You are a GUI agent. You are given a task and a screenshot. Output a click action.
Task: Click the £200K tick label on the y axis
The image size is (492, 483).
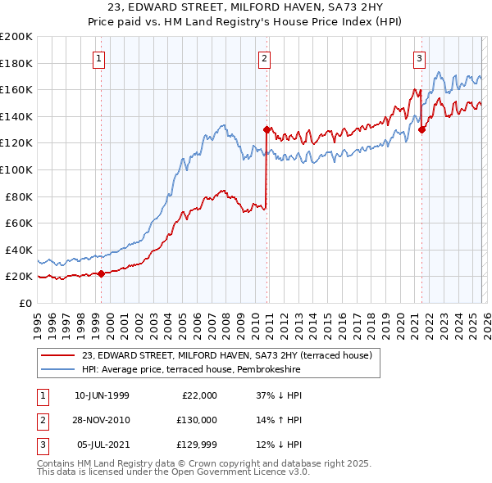point(16,37)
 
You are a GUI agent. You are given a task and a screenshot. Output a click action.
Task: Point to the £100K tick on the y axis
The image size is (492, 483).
point(16,169)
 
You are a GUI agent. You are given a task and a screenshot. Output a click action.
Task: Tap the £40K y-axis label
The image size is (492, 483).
point(19,250)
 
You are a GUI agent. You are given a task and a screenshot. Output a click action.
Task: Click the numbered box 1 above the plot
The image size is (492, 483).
point(99,58)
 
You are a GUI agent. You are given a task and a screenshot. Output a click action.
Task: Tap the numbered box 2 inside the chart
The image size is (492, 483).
point(265,58)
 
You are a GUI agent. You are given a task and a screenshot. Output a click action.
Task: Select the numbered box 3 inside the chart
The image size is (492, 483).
point(419,58)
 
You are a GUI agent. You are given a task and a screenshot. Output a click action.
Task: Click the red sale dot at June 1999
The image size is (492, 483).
point(101,273)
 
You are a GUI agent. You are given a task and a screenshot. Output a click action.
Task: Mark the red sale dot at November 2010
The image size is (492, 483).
point(266,129)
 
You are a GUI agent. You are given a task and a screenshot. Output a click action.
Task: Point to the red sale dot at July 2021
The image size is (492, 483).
point(421,129)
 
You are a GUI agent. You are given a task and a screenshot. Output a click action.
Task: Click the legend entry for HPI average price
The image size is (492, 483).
point(191,370)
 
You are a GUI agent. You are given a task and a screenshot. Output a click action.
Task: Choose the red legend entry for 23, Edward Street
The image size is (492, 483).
point(227,355)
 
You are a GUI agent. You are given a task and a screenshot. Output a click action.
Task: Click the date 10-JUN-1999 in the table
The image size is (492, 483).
point(102,395)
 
